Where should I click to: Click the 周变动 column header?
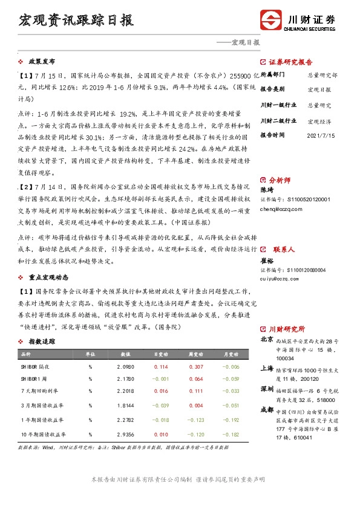(195, 354)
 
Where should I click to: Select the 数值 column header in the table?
(126, 354)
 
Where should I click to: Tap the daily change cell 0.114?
(161, 366)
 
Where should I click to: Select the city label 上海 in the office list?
(267, 368)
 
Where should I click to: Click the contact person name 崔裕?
(267, 261)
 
